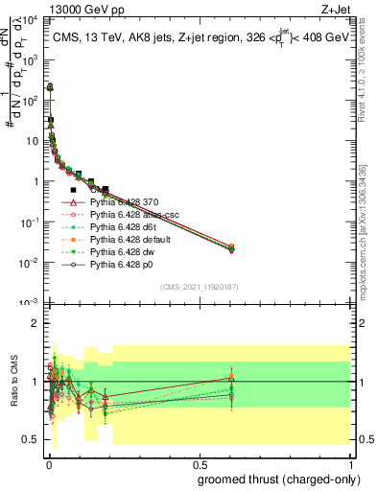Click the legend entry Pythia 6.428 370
129,203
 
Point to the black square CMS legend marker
74,191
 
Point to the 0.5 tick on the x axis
199,463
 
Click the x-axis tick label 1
349,463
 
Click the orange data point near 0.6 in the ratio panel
231,376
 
